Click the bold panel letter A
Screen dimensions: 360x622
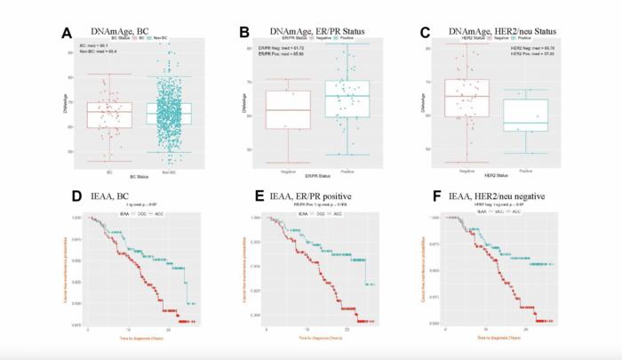[x=66, y=34]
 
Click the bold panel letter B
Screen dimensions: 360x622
[x=243, y=34]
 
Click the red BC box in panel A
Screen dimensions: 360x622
[x=109, y=115]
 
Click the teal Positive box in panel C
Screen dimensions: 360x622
[x=524, y=115]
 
